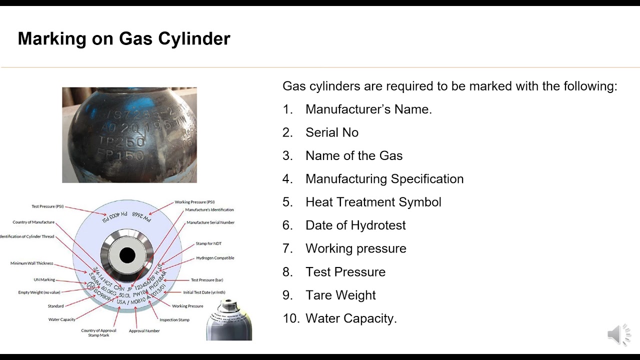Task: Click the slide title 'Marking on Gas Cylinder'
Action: tap(124, 38)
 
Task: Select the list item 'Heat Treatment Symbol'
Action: tap(373, 202)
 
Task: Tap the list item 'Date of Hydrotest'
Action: tap(355, 225)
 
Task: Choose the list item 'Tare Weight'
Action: tap(340, 295)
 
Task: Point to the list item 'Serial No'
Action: tap(332, 132)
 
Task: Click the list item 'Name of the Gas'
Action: tap(354, 155)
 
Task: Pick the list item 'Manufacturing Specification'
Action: tap(384, 179)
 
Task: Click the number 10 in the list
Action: tap(290, 318)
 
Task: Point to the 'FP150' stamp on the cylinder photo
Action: tap(121, 155)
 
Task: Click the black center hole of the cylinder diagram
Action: tap(127, 255)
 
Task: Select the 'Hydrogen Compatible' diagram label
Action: tap(215, 258)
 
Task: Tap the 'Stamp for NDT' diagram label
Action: tap(208, 243)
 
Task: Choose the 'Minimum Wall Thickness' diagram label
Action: tap(31, 263)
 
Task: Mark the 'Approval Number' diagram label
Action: tap(144, 331)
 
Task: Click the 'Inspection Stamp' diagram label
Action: tap(174, 319)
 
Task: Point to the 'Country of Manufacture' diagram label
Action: tap(33, 222)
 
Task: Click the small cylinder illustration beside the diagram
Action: tap(229, 321)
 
